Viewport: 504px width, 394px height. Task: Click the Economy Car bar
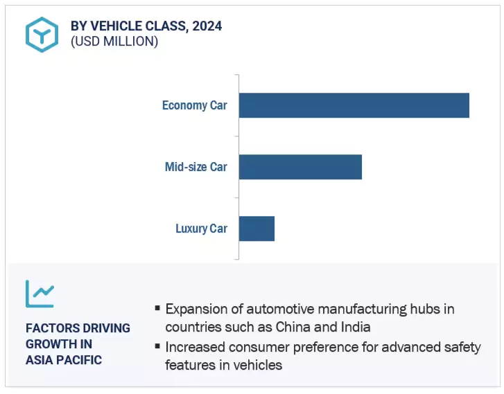[354, 105]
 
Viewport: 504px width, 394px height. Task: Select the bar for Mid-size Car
[300, 167]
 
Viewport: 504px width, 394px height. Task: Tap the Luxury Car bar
[257, 229]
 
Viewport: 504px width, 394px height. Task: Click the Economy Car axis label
[194, 106]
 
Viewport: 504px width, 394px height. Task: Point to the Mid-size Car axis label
[195, 167]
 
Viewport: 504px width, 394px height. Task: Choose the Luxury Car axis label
[201, 229]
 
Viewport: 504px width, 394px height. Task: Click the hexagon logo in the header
[42, 35]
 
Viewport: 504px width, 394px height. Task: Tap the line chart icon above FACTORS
[40, 294]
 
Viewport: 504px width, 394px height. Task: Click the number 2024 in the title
[208, 26]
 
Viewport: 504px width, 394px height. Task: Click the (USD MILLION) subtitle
[114, 42]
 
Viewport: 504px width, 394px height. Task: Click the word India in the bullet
[355, 326]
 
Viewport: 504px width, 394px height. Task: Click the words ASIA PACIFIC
[64, 359]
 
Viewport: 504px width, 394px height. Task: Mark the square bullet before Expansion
[158, 308]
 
